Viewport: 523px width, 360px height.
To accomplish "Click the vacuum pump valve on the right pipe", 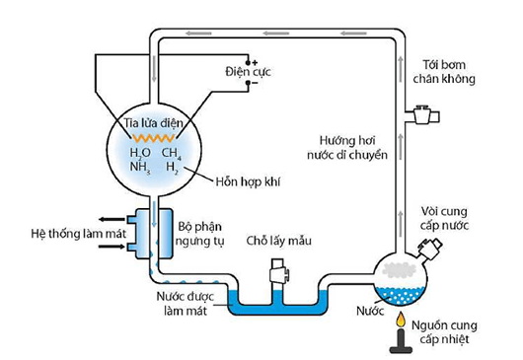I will [x=423, y=116].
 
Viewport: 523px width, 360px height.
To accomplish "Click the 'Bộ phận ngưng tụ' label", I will [x=200, y=233].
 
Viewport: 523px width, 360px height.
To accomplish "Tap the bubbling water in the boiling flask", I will [x=401, y=292].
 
